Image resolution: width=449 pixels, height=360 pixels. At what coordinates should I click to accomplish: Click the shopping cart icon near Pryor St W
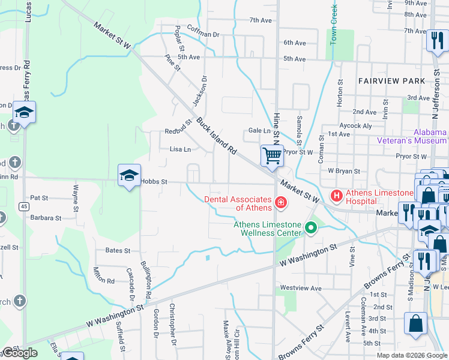[x=272, y=156]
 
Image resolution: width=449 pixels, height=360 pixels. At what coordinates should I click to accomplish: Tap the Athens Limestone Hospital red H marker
[x=337, y=196]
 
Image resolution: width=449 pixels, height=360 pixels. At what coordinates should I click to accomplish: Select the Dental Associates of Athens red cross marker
[x=280, y=204]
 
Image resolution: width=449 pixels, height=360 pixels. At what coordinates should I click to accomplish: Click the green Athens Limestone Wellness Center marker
[x=311, y=227]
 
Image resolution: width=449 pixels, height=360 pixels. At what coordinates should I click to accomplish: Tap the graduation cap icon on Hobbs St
[x=129, y=175]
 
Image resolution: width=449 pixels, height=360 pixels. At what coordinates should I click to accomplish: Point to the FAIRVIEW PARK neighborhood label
[x=391, y=80]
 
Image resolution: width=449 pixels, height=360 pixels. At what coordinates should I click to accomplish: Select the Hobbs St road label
[x=154, y=181]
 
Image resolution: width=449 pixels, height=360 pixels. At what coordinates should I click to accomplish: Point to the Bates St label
[x=118, y=250]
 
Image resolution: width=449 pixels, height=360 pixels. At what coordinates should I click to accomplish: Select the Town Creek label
[x=334, y=25]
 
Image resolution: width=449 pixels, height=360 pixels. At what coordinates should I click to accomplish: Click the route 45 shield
[x=23, y=206]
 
